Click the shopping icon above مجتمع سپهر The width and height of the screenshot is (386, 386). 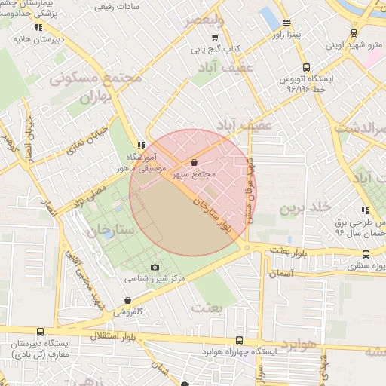click(195, 162)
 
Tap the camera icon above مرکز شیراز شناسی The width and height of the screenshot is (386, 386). click(155, 267)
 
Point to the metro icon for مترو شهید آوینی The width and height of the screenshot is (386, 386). click(354, 33)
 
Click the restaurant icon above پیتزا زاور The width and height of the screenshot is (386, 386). click(286, 23)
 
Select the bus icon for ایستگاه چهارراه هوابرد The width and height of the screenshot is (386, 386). click(240, 340)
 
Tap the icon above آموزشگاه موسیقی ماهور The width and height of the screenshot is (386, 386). click(141, 146)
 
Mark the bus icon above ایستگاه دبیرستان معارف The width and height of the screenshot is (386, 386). click(40, 331)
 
